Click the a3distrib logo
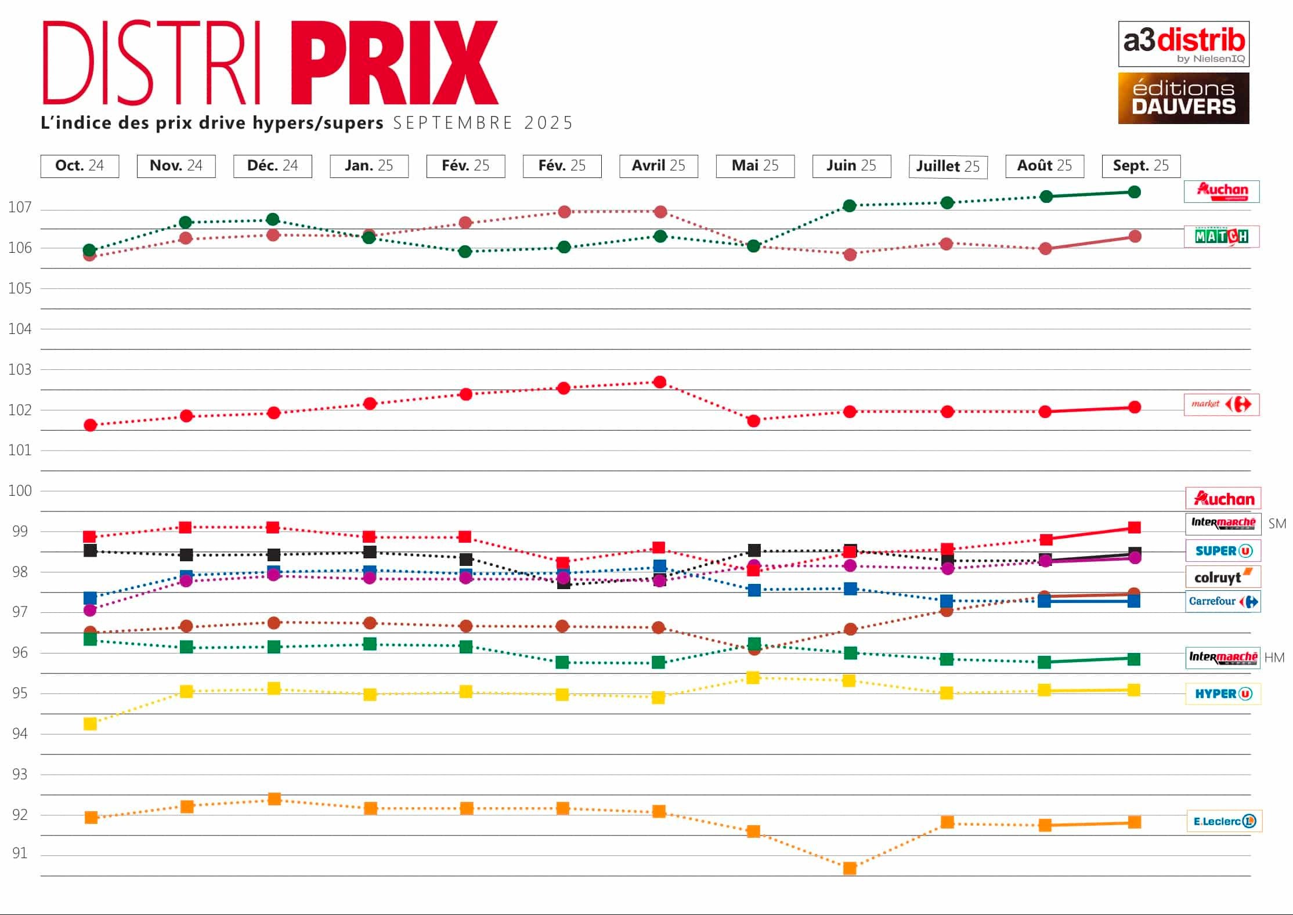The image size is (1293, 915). pyautogui.click(x=1183, y=44)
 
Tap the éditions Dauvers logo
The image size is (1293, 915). pyautogui.click(x=1183, y=98)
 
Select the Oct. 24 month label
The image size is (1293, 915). pyautogui.click(x=80, y=166)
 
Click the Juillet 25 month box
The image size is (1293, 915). pyautogui.click(x=948, y=166)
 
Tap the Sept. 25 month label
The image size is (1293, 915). pyautogui.click(x=1141, y=166)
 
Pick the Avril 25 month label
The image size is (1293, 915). pyautogui.click(x=658, y=166)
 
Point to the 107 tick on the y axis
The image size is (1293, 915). pyautogui.click(x=20, y=207)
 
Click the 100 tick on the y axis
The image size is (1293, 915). pyautogui.click(x=20, y=491)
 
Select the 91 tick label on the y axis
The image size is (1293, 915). pyautogui.click(x=20, y=853)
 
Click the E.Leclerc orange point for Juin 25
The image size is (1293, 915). pyautogui.click(x=850, y=868)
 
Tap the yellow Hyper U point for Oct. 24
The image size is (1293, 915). pyautogui.click(x=90, y=724)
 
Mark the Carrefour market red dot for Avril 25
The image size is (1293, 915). pyautogui.click(x=659, y=382)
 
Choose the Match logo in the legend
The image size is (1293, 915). pyautogui.click(x=1221, y=237)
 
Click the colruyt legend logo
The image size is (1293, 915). pyautogui.click(x=1222, y=577)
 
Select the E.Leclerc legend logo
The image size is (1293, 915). pyautogui.click(x=1224, y=821)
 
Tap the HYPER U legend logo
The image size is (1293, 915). pyautogui.click(x=1223, y=693)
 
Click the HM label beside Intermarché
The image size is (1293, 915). pyautogui.click(x=1274, y=658)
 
